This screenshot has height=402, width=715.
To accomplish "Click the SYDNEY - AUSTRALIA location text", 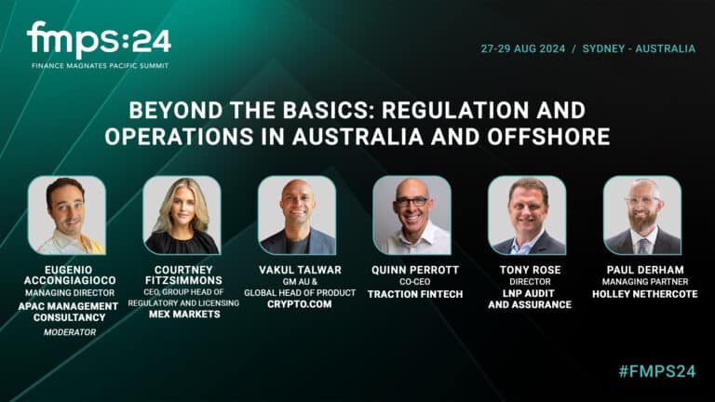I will (639, 48).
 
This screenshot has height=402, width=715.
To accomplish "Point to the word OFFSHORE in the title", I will (555, 136).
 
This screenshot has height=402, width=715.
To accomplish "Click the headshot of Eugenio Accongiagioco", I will (66, 215).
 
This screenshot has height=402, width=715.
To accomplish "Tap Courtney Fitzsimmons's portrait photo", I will (182, 215).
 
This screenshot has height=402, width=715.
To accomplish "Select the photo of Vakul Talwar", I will (297, 215).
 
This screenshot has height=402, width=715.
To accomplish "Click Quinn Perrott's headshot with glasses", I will (411, 215).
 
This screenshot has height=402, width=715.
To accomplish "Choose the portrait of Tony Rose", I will (527, 215).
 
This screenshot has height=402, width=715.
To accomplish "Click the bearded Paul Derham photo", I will (641, 215).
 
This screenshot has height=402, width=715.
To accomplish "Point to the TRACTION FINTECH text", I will (411, 293).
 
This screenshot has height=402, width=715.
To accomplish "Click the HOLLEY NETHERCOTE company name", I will (641, 293).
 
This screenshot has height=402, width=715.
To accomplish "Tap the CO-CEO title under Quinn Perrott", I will (411, 281).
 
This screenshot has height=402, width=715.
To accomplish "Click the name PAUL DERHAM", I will (641, 269).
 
